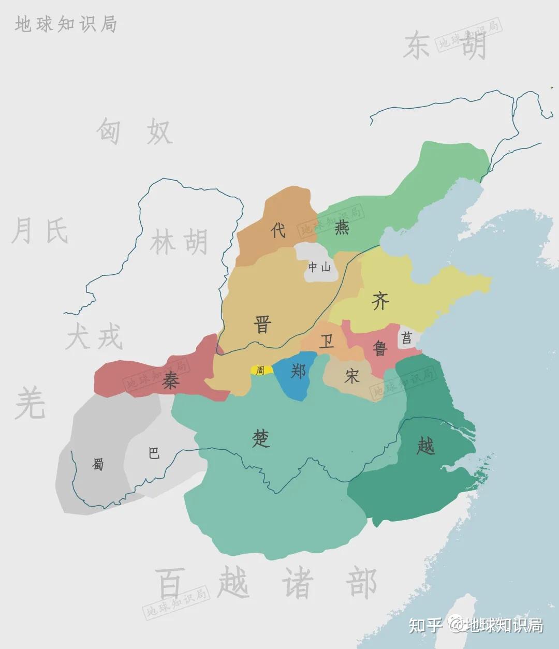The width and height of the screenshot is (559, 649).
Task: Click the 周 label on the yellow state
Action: (x=260, y=371)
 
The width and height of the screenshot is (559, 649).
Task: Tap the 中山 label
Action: (x=319, y=268)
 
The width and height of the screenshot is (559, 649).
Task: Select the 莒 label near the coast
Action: (x=407, y=338)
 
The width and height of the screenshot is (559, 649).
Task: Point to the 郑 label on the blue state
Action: (x=298, y=371)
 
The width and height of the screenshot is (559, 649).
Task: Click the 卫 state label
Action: (x=326, y=342)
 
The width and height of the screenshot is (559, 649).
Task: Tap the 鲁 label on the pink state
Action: (x=380, y=348)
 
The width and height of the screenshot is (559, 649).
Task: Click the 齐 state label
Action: (x=380, y=301)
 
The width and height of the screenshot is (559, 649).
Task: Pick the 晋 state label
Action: (x=262, y=325)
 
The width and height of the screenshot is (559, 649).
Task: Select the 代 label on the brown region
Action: (x=278, y=230)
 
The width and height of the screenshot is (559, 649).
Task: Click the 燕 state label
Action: (x=342, y=228)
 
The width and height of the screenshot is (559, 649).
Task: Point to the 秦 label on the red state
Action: (x=170, y=381)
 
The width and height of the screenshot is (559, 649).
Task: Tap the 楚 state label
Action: (x=261, y=439)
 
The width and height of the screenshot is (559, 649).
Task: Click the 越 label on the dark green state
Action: (x=425, y=445)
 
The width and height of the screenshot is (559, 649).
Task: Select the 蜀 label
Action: (x=98, y=464)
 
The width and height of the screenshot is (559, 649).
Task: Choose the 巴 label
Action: (x=154, y=453)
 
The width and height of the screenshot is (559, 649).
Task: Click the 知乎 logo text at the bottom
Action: (x=425, y=625)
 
